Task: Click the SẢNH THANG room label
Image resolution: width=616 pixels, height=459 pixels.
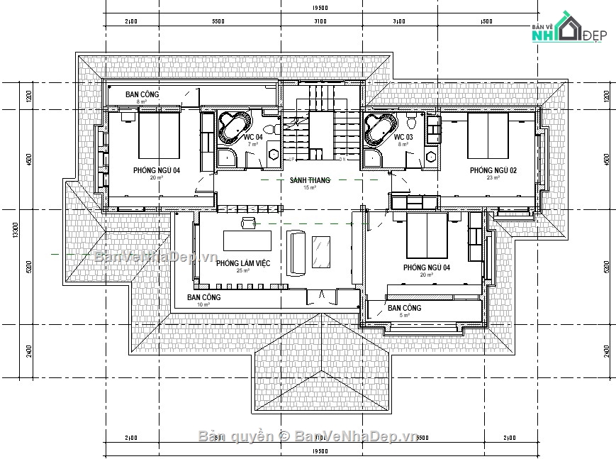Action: click(310, 181)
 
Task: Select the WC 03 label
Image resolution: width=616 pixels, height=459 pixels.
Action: click(403, 137)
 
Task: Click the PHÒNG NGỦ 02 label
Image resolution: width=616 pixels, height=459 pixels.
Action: click(493, 170)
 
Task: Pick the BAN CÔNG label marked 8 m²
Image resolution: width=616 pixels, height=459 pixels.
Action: click(142, 94)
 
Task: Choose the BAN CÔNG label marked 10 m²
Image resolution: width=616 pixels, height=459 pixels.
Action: click(203, 297)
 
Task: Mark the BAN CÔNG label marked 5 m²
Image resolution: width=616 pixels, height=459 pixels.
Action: click(404, 308)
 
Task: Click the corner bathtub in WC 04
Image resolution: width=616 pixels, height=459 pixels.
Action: click(233, 127)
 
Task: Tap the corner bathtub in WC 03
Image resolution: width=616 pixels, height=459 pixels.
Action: click(379, 128)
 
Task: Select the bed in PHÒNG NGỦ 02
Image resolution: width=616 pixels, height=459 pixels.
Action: click(488, 137)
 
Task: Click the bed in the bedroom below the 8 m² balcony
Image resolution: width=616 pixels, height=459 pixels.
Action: click(158, 136)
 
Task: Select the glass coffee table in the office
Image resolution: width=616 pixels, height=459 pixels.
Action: click(322, 251)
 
